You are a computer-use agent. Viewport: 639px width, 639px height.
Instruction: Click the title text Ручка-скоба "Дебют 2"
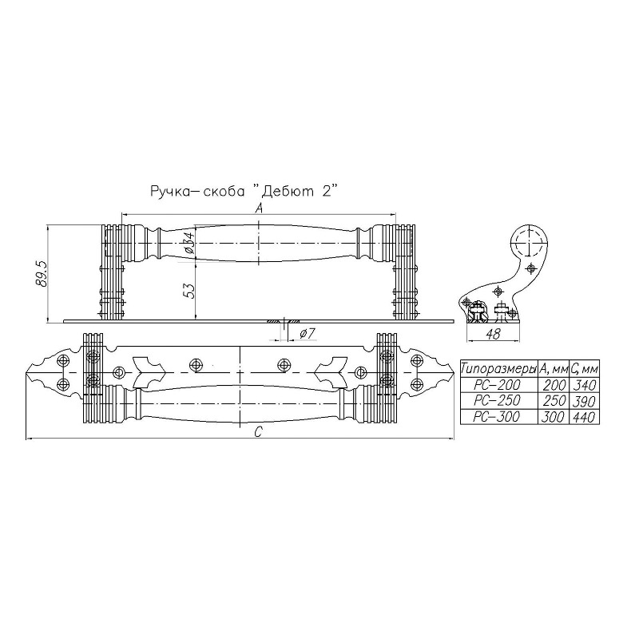244,191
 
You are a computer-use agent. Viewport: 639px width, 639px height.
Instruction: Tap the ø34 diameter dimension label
189,242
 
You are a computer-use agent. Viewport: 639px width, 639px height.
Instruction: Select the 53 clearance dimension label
189,290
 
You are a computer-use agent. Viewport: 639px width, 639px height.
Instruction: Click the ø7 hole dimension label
308,334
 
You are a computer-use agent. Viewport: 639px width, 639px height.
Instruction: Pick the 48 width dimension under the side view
493,334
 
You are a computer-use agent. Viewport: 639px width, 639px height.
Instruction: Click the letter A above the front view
258,208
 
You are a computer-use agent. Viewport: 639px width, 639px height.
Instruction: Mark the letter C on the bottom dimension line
257,432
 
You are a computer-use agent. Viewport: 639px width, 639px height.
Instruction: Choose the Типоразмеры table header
498,370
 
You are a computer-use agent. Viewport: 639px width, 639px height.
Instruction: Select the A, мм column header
554,369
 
